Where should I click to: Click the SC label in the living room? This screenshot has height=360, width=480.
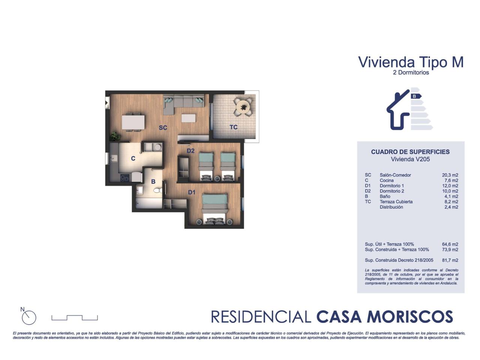(x=163, y=127)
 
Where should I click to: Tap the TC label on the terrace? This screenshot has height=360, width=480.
(x=233, y=127)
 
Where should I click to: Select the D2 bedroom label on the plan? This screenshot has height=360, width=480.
(x=190, y=151)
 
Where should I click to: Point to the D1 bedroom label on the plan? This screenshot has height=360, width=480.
(x=192, y=192)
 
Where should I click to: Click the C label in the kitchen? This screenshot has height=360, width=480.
(x=133, y=159)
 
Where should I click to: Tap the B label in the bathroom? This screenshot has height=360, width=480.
(x=153, y=181)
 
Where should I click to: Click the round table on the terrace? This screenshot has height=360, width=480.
(x=243, y=107)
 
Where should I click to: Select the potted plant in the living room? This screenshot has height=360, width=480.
(x=115, y=136)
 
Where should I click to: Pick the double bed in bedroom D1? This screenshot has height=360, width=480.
(x=214, y=209)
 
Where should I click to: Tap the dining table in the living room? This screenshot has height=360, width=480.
(x=133, y=122)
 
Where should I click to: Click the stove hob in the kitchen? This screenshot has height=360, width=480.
(x=125, y=178)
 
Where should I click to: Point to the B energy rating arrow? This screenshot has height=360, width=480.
(x=416, y=96)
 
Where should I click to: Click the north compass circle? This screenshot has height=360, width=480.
(x=29, y=318)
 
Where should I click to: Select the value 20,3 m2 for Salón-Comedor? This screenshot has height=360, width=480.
(x=450, y=175)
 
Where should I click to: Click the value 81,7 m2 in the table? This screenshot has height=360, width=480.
(x=450, y=260)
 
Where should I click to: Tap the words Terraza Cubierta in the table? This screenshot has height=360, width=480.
(x=396, y=201)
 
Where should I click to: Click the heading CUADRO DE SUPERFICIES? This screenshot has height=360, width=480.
(x=410, y=152)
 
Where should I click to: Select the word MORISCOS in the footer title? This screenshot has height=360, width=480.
(x=409, y=317)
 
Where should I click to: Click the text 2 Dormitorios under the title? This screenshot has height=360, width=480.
(x=411, y=72)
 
